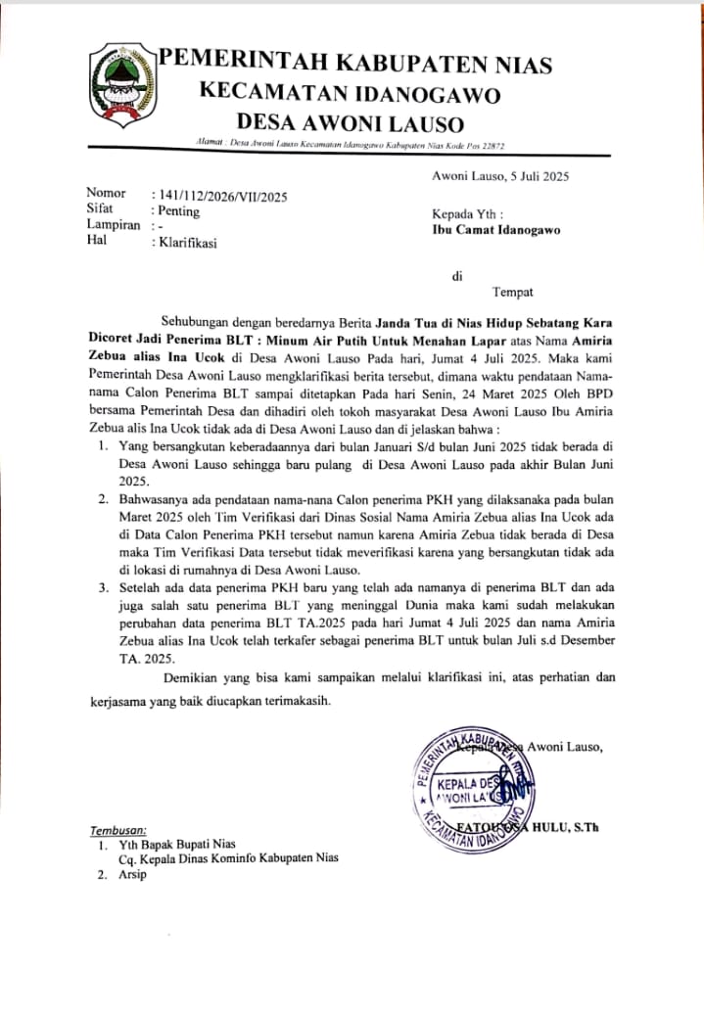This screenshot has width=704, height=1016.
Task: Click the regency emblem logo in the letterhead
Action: [x=123, y=86]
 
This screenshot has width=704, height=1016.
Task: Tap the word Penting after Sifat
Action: [x=177, y=210]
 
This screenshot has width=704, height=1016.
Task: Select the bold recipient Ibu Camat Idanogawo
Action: [x=496, y=231]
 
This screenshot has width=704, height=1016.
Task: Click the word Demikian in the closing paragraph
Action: [x=192, y=677]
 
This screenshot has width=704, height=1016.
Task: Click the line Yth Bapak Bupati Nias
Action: [x=177, y=844]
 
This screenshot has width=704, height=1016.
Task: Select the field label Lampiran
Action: [x=115, y=226]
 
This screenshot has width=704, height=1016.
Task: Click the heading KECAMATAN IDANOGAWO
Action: [x=351, y=94]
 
